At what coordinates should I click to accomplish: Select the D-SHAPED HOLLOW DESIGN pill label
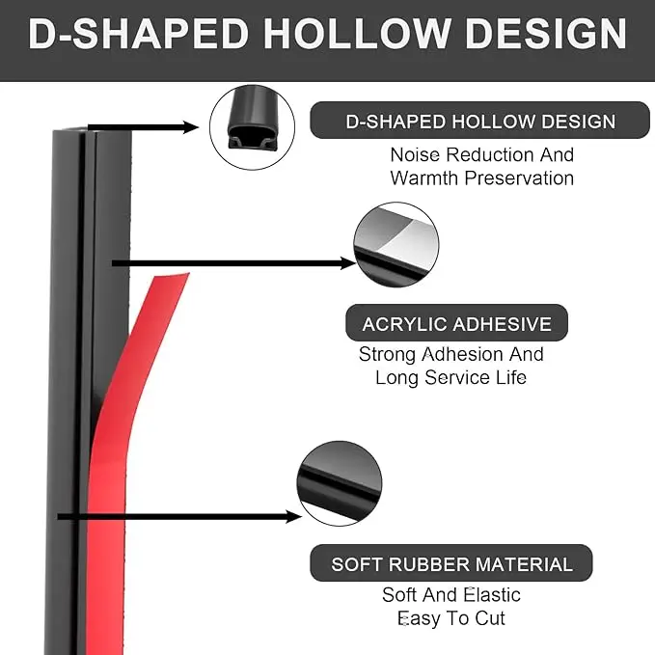click(x=480, y=122)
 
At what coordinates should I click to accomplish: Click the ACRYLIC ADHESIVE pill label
click(x=456, y=324)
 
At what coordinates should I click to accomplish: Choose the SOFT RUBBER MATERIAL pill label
click(x=451, y=564)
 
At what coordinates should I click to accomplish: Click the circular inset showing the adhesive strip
click(x=396, y=244)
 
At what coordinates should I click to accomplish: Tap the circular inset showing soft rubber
click(x=340, y=485)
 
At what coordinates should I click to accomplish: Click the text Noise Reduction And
click(x=481, y=154)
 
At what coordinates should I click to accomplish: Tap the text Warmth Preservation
click(x=481, y=178)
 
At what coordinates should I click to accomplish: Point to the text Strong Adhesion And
click(x=450, y=354)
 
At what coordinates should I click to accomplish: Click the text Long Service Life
click(x=450, y=377)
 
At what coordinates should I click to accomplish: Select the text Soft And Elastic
click(x=450, y=595)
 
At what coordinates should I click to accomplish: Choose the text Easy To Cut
click(x=450, y=618)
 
